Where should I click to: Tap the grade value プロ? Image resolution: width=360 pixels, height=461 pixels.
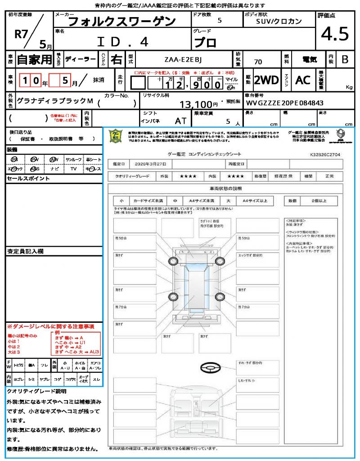coord(205,42)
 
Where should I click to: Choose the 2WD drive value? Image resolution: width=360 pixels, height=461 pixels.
coord(266,80)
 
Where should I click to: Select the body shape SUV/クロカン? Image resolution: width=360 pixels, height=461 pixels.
coord(279,21)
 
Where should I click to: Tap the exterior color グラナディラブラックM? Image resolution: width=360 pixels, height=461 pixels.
coord(55,101)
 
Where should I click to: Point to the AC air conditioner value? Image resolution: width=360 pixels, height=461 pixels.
coord(302,80)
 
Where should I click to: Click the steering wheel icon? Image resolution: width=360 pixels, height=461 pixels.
coord(210,368)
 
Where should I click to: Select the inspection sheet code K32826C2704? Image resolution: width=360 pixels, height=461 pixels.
coord(325,154)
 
